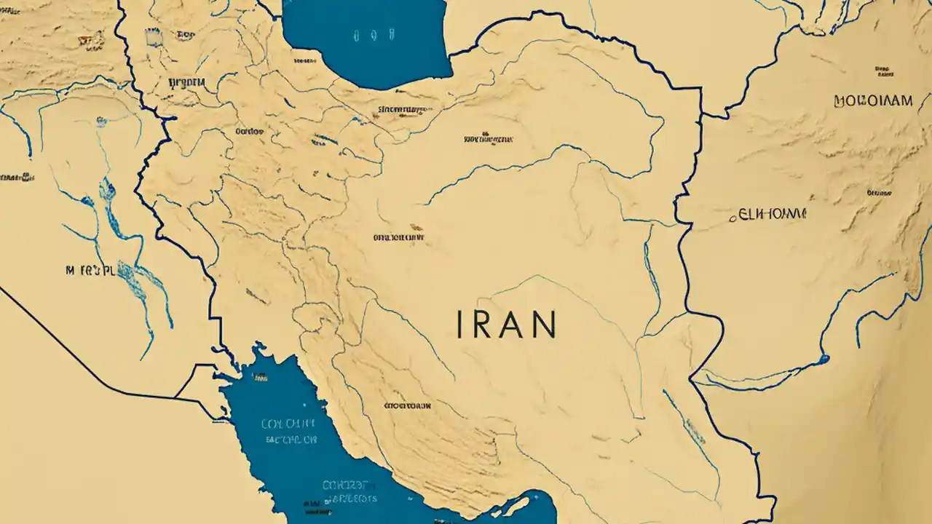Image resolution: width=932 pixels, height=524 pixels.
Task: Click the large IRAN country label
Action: [x=507, y=325]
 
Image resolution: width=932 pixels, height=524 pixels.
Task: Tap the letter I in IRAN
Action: [x=459, y=325]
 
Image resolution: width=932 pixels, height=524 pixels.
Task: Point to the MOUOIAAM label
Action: [x=873, y=101]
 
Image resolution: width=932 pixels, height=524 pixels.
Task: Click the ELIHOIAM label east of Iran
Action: [x=773, y=215]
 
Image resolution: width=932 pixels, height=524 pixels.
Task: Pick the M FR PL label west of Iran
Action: [x=90, y=271]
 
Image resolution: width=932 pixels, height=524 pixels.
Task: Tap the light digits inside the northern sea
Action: [x=372, y=34]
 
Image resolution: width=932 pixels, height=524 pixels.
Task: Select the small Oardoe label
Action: [x=250, y=132]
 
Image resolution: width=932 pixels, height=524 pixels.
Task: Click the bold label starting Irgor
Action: [x=186, y=82]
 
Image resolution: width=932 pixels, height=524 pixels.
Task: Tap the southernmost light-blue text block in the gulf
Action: [x=350, y=491]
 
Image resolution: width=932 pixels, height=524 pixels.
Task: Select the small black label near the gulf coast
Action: [x=407, y=405]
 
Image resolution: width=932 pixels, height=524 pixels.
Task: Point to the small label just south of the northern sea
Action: [x=400, y=111]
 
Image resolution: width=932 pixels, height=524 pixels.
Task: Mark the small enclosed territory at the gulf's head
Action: [x=195, y=382]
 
